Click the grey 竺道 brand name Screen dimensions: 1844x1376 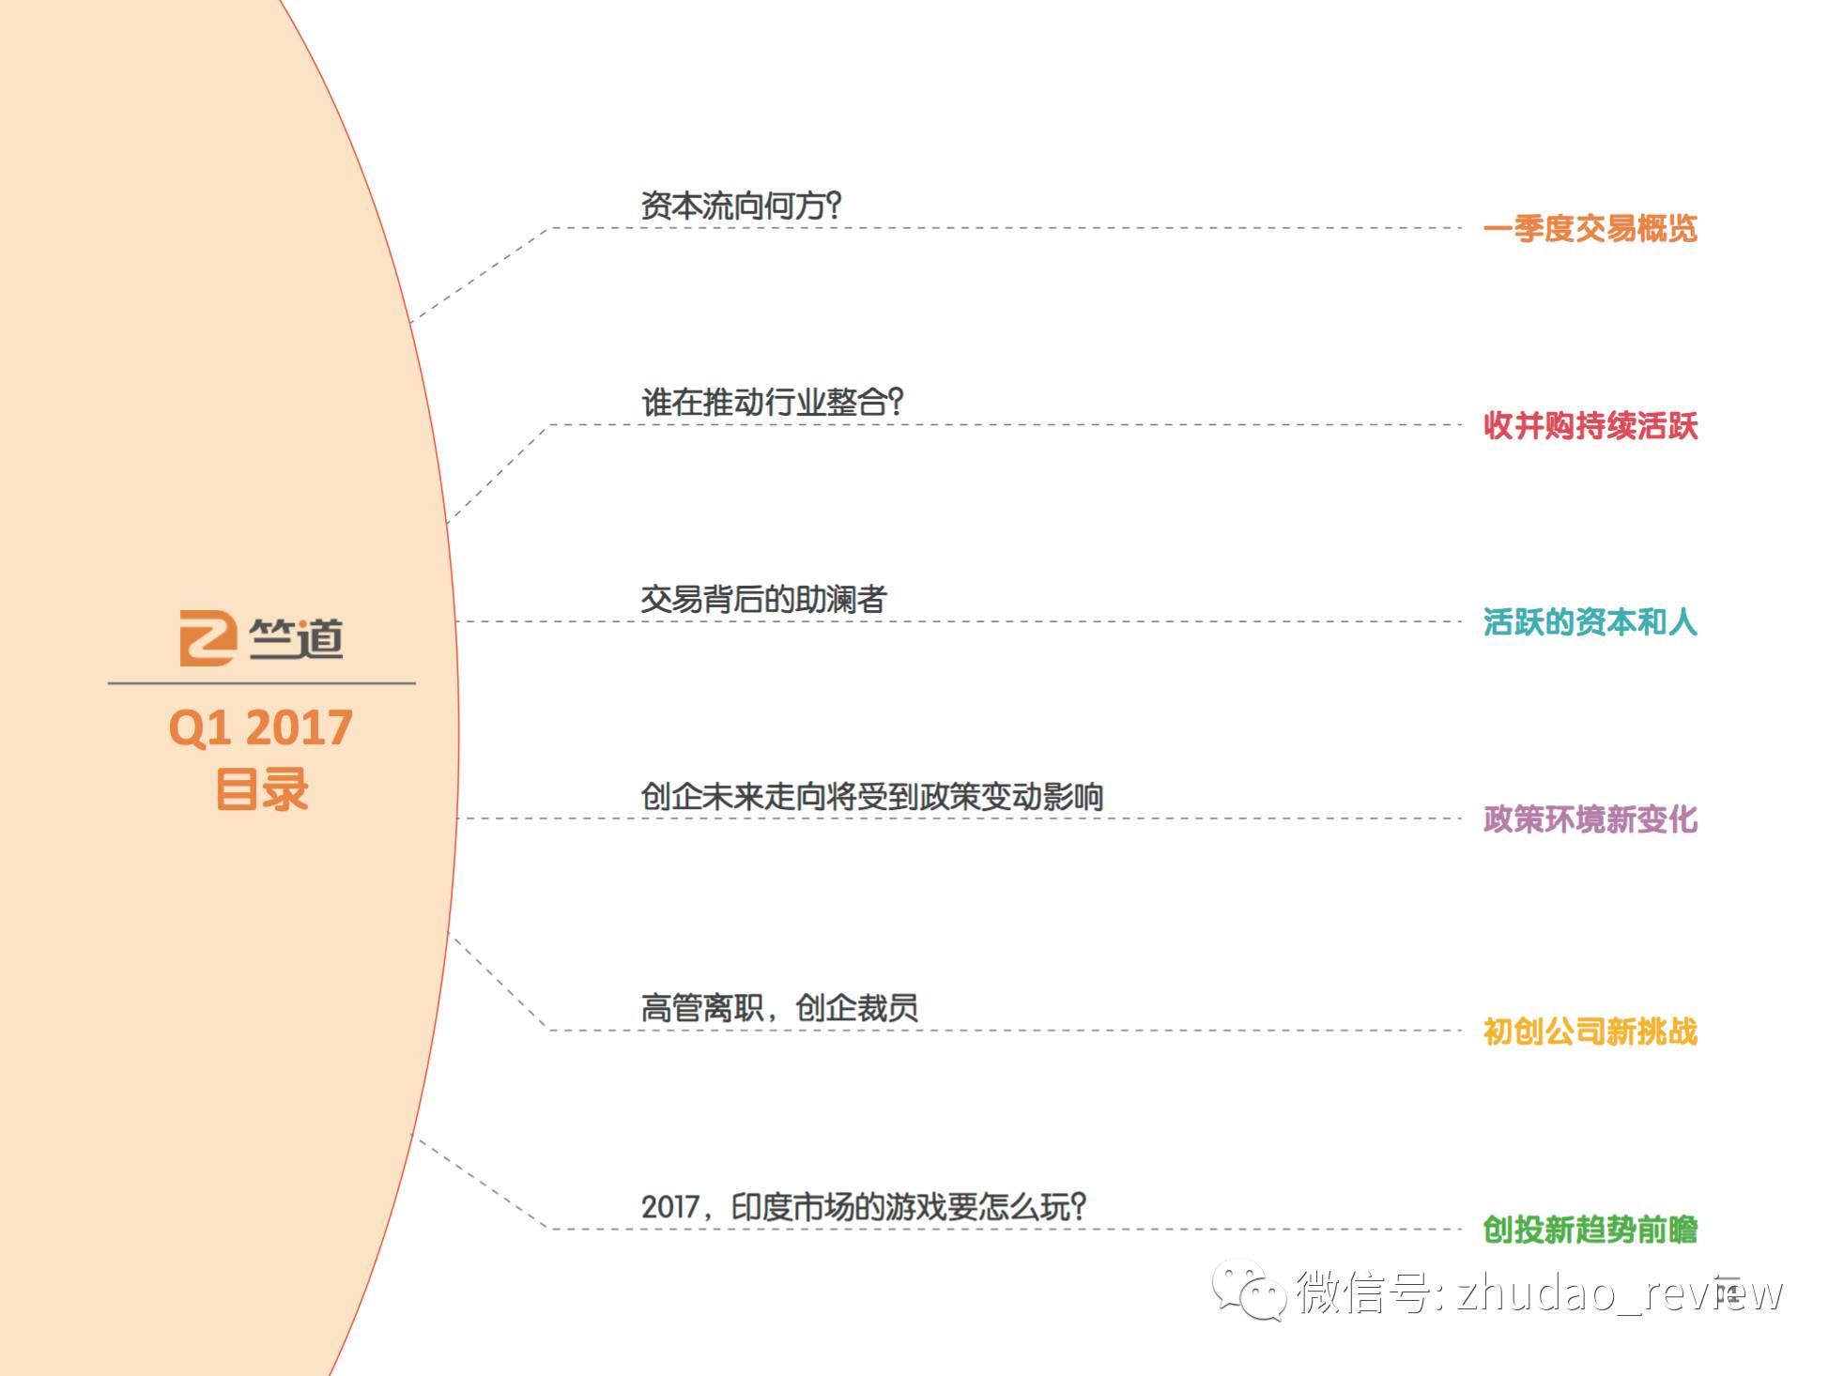pos(297,638)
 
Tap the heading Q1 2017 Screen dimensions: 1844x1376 pos(260,727)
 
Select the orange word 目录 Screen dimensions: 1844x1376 pos(262,789)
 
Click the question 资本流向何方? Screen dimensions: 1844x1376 pos(741,206)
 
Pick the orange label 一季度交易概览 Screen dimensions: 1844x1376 pos(1590,228)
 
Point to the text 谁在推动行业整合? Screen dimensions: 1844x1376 pos(772,403)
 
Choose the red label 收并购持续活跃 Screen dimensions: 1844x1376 pos(1590,425)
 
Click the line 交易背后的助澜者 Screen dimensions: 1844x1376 pos(763,600)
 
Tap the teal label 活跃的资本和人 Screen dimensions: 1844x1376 pos(1590,621)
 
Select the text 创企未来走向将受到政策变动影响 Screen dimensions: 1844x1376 pos(871,797)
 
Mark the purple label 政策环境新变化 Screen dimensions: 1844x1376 pos(1590,818)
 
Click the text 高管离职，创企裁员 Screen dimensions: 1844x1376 pos(779,1008)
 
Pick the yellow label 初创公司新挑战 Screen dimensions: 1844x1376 pos(1590,1031)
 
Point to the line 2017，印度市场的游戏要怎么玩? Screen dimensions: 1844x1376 pos(863,1206)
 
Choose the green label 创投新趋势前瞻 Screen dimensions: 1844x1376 pos(1590,1229)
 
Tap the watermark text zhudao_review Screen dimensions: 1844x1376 pos(1619,1292)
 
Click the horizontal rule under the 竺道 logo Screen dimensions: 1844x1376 pos(261,683)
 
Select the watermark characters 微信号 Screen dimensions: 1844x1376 pos(1361,1292)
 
